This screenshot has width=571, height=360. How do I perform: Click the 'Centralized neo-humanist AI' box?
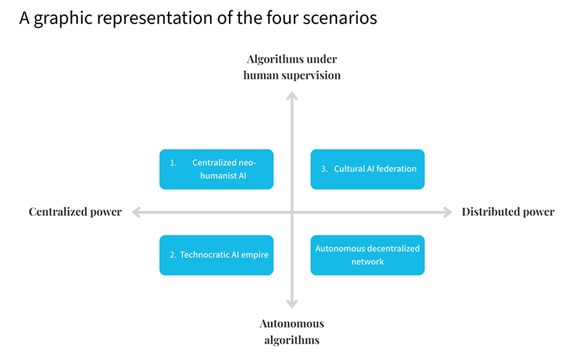point(216,169)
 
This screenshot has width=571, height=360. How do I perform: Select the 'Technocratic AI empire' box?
point(216,255)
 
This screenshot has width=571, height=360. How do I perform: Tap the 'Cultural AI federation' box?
point(367,169)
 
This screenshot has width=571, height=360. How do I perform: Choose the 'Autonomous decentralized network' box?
point(367,255)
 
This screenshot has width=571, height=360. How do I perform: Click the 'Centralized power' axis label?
point(75,212)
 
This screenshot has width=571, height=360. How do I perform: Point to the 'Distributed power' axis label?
point(508,212)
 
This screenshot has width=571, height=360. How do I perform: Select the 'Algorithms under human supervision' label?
point(292,67)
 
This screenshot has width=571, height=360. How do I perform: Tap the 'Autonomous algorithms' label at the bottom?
point(292,331)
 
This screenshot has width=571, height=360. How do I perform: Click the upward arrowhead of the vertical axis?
point(292,95)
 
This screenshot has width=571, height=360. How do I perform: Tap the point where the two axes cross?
point(292,212)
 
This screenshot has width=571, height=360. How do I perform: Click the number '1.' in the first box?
point(173,163)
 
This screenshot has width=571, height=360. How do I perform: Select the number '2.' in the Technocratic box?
point(173,255)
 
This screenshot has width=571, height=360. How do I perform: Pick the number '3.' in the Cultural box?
point(324,169)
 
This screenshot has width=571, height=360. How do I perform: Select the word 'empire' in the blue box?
point(254,255)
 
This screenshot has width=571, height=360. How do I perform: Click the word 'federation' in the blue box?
point(397,169)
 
